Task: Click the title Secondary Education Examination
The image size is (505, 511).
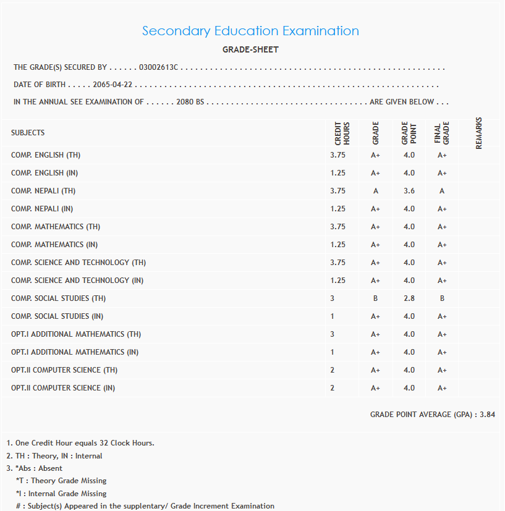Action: click(x=250, y=31)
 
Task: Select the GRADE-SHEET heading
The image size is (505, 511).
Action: click(x=250, y=49)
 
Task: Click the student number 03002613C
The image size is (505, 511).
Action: click(x=158, y=67)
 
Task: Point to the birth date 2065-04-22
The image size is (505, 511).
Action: click(x=112, y=85)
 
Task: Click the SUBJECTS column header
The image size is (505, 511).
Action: click(x=28, y=133)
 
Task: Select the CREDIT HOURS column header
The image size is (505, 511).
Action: click(x=342, y=133)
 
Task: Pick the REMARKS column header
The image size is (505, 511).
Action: click(x=479, y=133)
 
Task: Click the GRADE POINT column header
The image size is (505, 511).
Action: click(x=409, y=133)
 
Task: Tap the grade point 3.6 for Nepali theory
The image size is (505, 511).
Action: click(x=409, y=191)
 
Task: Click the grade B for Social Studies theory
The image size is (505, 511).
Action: click(x=376, y=298)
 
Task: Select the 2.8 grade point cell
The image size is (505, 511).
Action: click(x=409, y=298)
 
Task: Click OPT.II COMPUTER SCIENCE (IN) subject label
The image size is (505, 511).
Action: click(x=63, y=388)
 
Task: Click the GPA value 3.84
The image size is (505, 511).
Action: click(x=487, y=415)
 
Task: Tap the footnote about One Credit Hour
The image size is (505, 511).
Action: click(x=80, y=443)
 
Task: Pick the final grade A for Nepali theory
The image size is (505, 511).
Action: click(x=442, y=191)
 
